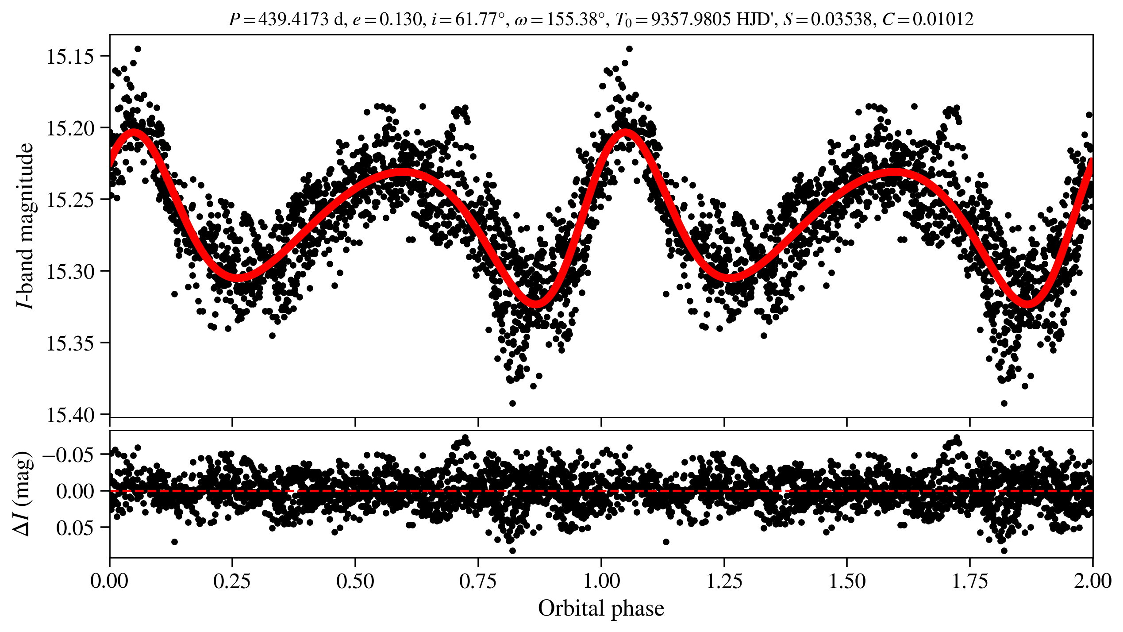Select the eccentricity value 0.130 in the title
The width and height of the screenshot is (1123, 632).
pyautogui.click(x=401, y=19)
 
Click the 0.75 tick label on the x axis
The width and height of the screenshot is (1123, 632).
pyautogui.click(x=478, y=581)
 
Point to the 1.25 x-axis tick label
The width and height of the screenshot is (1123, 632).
pyautogui.click(x=724, y=581)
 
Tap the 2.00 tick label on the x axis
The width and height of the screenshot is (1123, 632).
pyautogui.click(x=1092, y=581)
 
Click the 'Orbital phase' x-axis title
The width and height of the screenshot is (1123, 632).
pyautogui.click(x=601, y=609)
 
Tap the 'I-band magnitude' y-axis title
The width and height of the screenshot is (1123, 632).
pyautogui.click(x=26, y=226)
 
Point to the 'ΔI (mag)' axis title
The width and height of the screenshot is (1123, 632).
pyautogui.click(x=23, y=493)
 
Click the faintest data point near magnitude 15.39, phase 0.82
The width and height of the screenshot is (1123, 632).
pyautogui.click(x=512, y=403)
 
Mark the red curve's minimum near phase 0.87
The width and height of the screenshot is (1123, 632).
pyautogui.click(x=536, y=304)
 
